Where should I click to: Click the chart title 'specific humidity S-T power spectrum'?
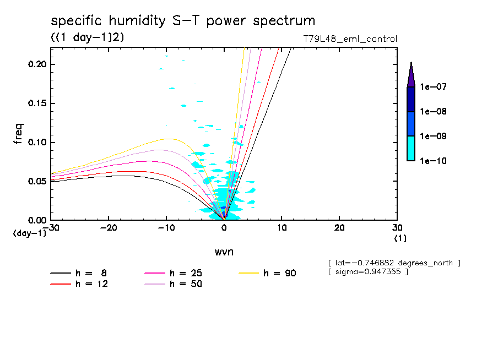click(183, 21)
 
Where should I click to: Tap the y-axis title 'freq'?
click(19, 133)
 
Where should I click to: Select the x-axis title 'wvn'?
click(224, 252)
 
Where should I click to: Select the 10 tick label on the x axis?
click(282, 227)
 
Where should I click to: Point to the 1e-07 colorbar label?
click(432, 86)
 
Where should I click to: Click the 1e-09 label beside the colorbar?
click(432, 136)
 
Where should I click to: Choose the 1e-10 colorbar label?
click(432, 161)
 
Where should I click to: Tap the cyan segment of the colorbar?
click(411, 148)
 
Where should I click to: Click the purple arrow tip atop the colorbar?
click(411, 75)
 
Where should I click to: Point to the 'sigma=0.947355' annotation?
click(368, 272)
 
